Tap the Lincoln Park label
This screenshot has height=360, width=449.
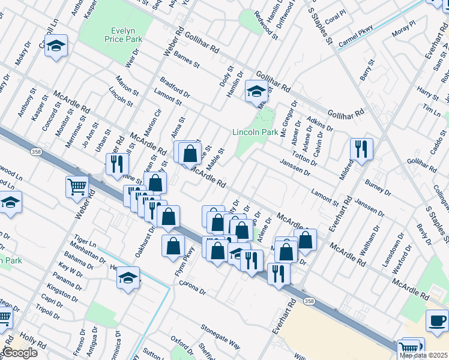point(255,131)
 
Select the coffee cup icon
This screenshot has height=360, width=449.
point(437,320)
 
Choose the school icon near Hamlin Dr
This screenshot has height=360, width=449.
point(256,92)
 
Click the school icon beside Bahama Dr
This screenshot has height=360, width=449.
point(128,277)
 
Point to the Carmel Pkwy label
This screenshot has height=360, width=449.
point(355,35)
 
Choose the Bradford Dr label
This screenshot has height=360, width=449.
point(175,88)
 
